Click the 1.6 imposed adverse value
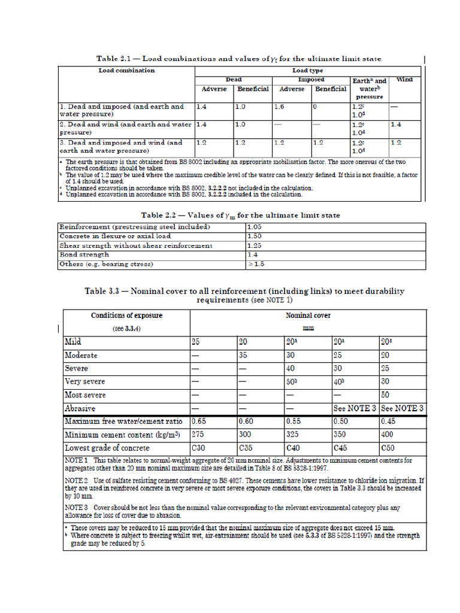point(279,107)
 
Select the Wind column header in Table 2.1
point(404,80)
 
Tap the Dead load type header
point(234,80)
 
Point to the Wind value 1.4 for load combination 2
point(396,125)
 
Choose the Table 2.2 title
point(241,215)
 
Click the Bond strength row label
point(84,254)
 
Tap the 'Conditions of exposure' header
point(126,315)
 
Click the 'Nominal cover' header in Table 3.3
point(308,315)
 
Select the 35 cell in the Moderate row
point(244,355)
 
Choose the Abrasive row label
point(80,408)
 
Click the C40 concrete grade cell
point(293,448)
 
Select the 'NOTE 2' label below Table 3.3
point(77,481)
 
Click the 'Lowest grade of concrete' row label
point(107,448)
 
